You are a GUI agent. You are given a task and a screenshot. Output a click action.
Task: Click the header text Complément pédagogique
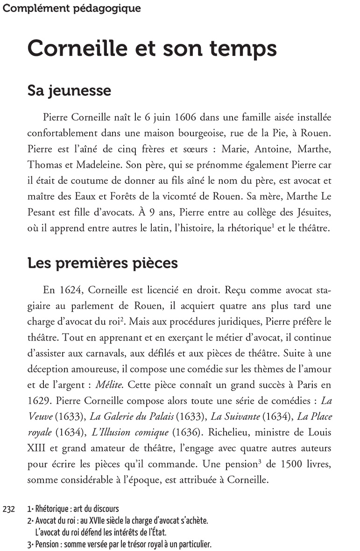point(71,8)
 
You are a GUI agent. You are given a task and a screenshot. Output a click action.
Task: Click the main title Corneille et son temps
point(152,48)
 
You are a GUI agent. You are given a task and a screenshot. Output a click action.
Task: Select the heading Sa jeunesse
point(69,90)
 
